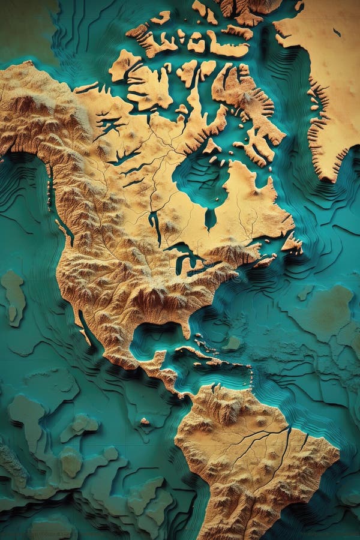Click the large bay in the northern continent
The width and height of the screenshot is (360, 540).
coord(201,180)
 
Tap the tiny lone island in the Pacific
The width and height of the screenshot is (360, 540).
coord(144,422)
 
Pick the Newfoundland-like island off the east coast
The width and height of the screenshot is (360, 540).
coord(292,243)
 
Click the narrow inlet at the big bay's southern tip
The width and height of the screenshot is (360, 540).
coord(209,219)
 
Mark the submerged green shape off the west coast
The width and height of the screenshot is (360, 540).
coord(13,297)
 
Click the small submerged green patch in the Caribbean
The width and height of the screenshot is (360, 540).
coord(232,343)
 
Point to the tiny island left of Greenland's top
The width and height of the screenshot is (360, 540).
coord(299,6)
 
